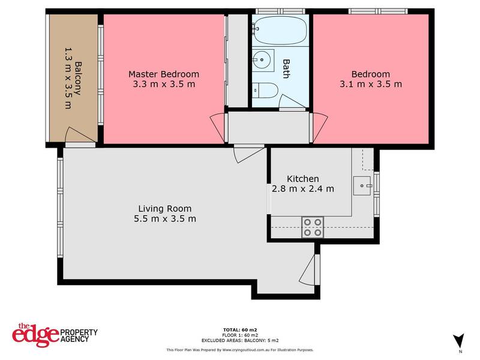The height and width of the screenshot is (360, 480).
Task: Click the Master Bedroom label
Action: tap(164, 74)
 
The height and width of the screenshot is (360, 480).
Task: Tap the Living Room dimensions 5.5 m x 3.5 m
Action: tap(165, 218)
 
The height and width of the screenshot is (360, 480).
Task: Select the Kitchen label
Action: tap(302, 179)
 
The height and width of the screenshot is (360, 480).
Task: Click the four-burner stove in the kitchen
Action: tap(311, 227)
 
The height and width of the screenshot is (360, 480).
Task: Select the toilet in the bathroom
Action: tap(265, 90)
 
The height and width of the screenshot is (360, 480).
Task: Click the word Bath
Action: tap(286, 68)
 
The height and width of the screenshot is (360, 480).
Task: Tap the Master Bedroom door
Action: tap(217, 127)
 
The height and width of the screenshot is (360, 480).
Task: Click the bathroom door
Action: tap(292, 103)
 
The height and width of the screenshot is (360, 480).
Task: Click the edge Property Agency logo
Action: tap(54, 334)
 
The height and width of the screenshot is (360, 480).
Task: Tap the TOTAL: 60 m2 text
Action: tap(239, 329)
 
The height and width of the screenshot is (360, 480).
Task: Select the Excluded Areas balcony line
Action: tap(239, 339)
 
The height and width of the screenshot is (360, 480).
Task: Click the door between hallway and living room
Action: tap(248, 153)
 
